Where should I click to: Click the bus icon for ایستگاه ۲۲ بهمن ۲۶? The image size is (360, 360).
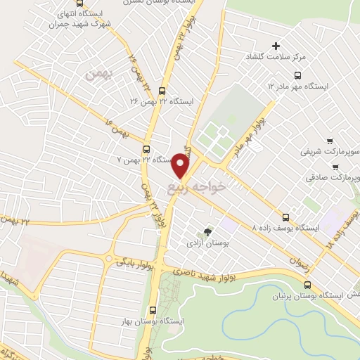163,91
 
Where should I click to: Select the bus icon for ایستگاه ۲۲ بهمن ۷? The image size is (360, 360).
146,149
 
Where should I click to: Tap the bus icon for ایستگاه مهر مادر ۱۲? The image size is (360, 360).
298,75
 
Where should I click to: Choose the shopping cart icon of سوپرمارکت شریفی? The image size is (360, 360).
330,141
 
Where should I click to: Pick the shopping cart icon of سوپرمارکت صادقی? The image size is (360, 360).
337,167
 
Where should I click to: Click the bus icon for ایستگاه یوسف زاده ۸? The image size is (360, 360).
285,217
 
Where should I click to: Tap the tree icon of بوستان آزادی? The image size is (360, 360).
207,231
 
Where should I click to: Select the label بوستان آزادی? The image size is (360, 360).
203,243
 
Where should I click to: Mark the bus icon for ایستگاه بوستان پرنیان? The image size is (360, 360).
307,285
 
